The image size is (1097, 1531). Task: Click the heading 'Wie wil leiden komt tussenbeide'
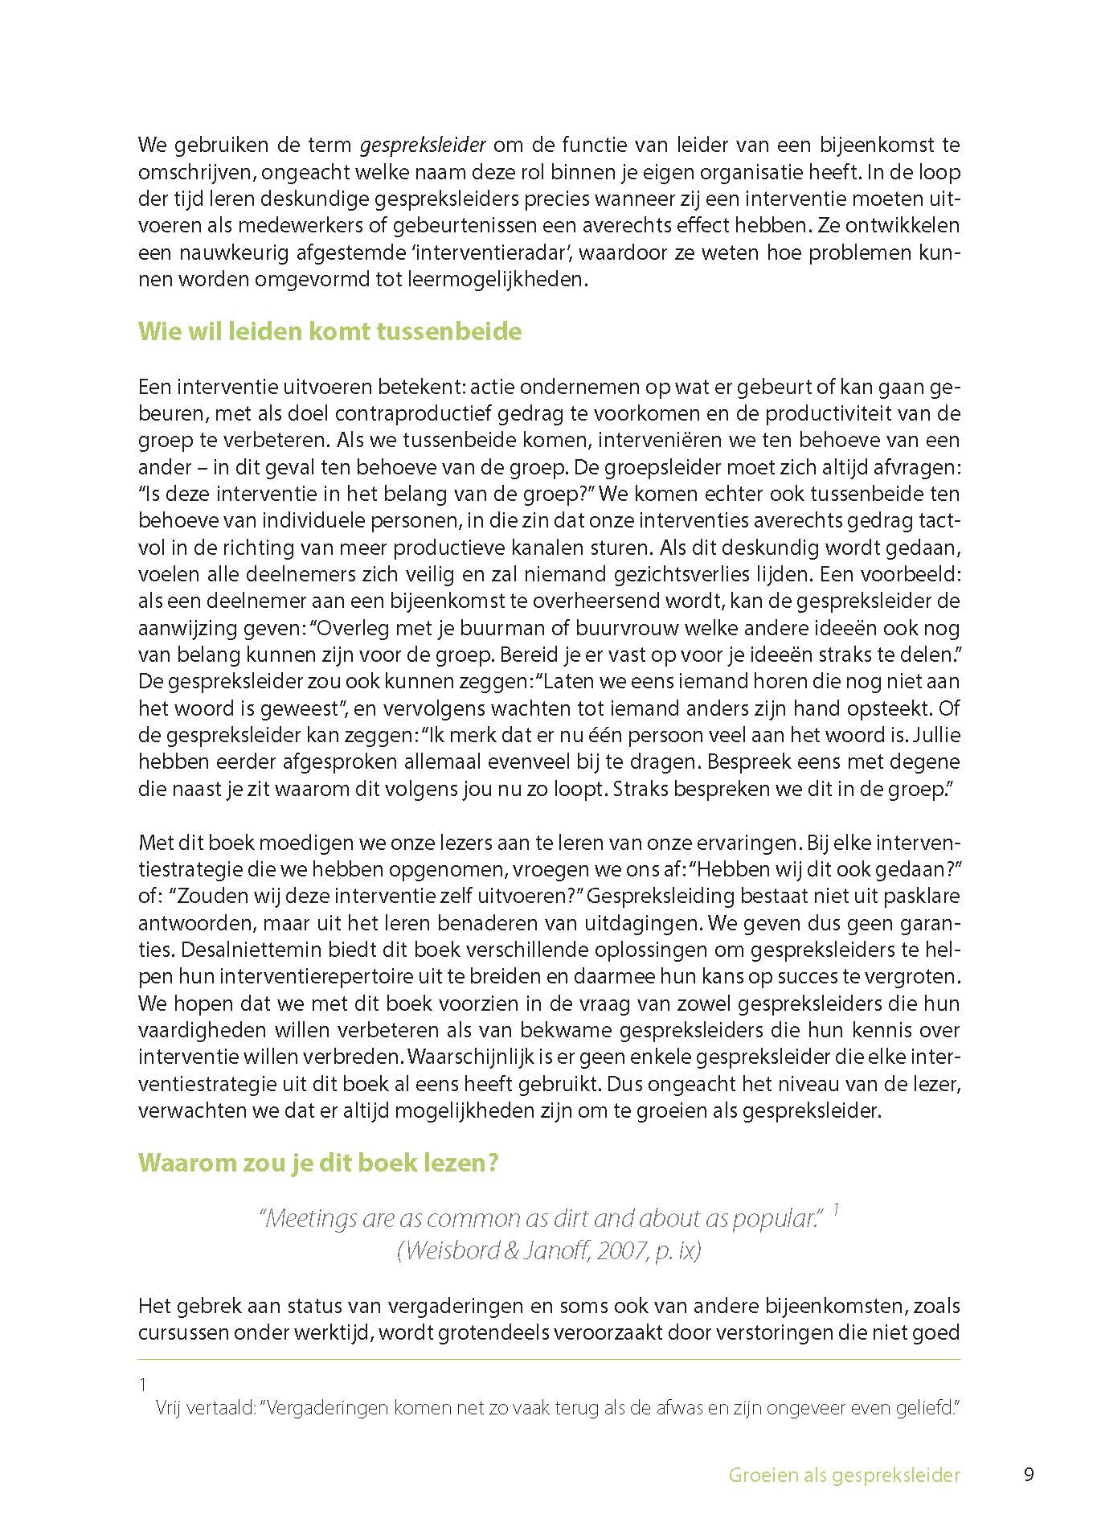tap(330, 331)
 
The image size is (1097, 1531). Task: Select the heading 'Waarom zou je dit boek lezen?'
tap(318, 1163)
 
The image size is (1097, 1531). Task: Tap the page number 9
tap(1029, 1475)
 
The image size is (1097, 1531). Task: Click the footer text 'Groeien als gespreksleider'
tap(844, 1475)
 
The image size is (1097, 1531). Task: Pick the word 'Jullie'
tap(932, 735)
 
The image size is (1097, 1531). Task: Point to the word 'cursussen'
tap(178, 1332)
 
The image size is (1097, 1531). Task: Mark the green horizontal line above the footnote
tap(549, 1359)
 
